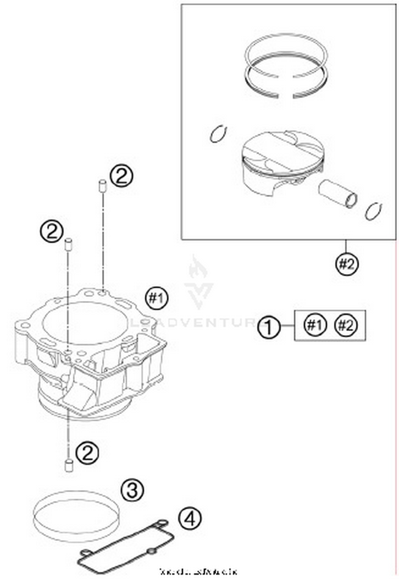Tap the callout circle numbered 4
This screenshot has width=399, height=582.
point(190,518)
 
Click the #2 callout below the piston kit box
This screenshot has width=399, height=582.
point(346,264)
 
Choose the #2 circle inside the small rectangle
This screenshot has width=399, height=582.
point(346,325)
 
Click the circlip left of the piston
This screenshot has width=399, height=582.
point(218,134)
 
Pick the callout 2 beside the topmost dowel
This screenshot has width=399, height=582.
point(122,176)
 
